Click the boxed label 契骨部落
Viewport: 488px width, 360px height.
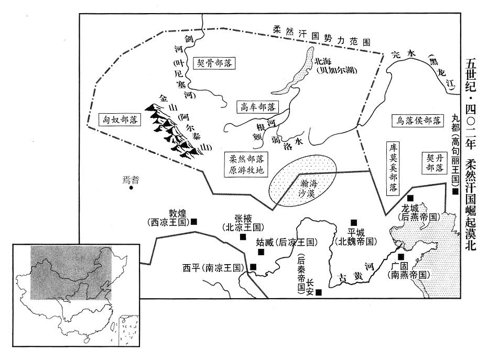(214, 63)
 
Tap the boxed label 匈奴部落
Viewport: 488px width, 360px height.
(120, 119)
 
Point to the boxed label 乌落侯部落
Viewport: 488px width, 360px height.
(418, 120)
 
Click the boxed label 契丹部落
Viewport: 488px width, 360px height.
(435, 163)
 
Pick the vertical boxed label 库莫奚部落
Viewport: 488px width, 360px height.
(393, 168)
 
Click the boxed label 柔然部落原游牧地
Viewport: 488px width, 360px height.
(246, 164)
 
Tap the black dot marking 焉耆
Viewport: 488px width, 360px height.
(131, 188)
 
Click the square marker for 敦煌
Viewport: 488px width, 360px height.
(194, 222)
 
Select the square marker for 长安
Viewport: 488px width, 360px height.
(319, 292)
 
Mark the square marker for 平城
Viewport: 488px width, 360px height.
(353, 222)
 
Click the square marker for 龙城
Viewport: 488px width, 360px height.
(410, 198)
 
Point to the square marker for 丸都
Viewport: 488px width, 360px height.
(456, 191)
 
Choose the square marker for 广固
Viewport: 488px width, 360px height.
(401, 257)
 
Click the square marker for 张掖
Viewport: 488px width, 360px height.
(243, 237)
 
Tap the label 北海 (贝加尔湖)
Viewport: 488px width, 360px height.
(335, 66)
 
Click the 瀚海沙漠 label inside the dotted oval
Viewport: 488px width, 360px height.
(307, 188)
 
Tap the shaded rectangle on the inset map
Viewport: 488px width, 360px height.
(71, 272)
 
